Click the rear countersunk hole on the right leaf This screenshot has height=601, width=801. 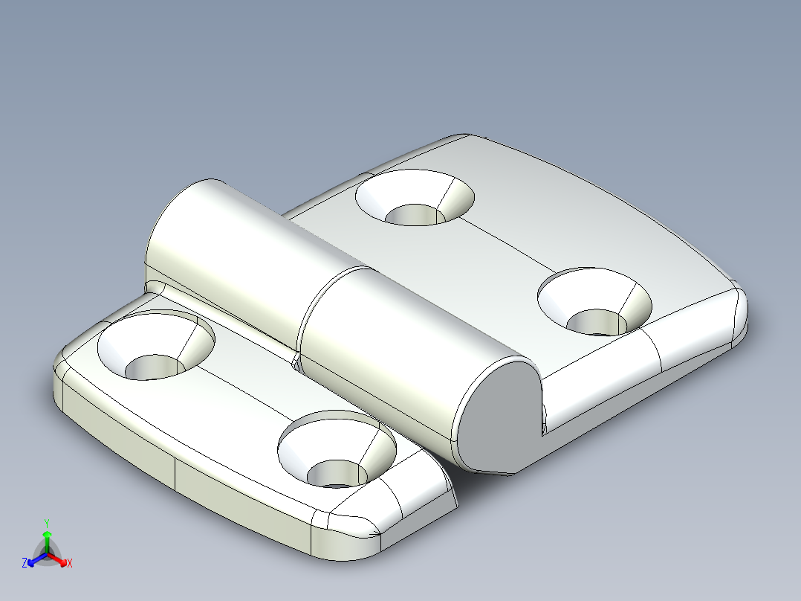click(415, 197)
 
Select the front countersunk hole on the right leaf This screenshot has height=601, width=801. click(595, 303)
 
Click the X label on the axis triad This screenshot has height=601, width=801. click(70, 564)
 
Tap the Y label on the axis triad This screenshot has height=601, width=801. click(47, 523)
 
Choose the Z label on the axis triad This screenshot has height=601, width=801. click(25, 564)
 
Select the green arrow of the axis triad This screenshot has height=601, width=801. click(47, 537)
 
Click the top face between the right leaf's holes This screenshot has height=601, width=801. click(505, 245)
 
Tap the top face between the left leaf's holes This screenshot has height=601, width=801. click(245, 394)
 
